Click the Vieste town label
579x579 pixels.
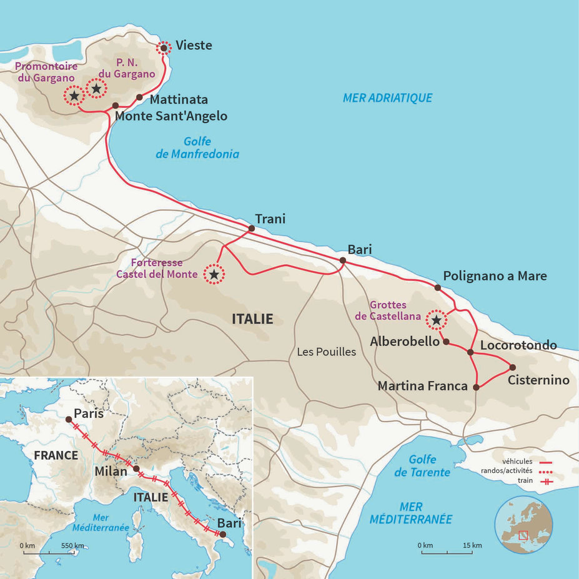coord(194,46)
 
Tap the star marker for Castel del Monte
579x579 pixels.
coord(214,274)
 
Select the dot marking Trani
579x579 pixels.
coord(252,229)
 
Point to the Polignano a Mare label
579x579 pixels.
coord(495,276)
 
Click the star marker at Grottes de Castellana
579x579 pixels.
coord(437,320)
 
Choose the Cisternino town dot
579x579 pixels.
coord(513,367)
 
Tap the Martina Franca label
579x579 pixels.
coord(422,387)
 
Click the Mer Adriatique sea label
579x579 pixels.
coord(387,98)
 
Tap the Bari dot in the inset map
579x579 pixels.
coord(222,534)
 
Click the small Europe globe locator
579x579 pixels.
coord(523,525)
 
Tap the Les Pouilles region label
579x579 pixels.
coord(326,352)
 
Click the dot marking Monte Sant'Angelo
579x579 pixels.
coord(115,106)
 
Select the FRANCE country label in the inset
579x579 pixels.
coord(56,455)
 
